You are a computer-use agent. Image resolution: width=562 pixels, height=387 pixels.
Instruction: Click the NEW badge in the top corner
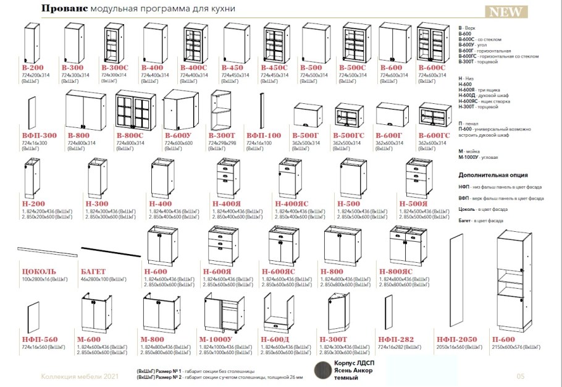[x=507, y=12]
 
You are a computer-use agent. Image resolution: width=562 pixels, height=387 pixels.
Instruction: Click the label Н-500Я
[x=414, y=203]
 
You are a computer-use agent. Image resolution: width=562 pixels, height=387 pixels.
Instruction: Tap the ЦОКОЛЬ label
[x=39, y=271]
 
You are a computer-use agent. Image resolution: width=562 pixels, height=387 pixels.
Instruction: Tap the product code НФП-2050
[x=455, y=339]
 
